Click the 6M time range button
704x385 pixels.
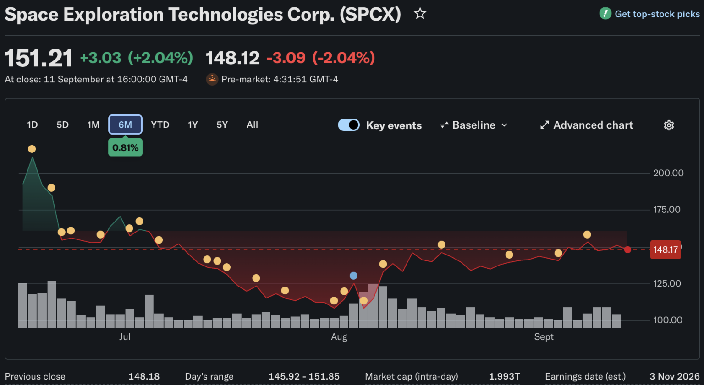tap(125, 125)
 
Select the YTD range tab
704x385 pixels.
tap(160, 125)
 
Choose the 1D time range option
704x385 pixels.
tap(33, 125)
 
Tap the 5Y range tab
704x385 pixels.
tap(222, 125)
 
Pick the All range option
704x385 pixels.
tap(252, 125)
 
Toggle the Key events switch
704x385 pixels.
tap(348, 125)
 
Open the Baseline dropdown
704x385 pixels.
tap(473, 125)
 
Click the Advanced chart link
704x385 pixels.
tap(587, 125)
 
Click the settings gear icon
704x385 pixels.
tap(669, 125)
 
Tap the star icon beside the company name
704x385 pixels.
tap(420, 14)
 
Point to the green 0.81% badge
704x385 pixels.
tap(126, 147)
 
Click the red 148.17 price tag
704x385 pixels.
tap(665, 249)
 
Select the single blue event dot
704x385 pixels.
tap(353, 276)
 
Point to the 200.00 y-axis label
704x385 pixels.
tap(668, 173)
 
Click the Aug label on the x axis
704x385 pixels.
tap(339, 337)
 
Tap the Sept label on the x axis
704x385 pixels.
tap(544, 337)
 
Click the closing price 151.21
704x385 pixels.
tap(38, 58)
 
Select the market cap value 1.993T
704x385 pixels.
tap(505, 376)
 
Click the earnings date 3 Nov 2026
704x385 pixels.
tap(675, 376)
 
